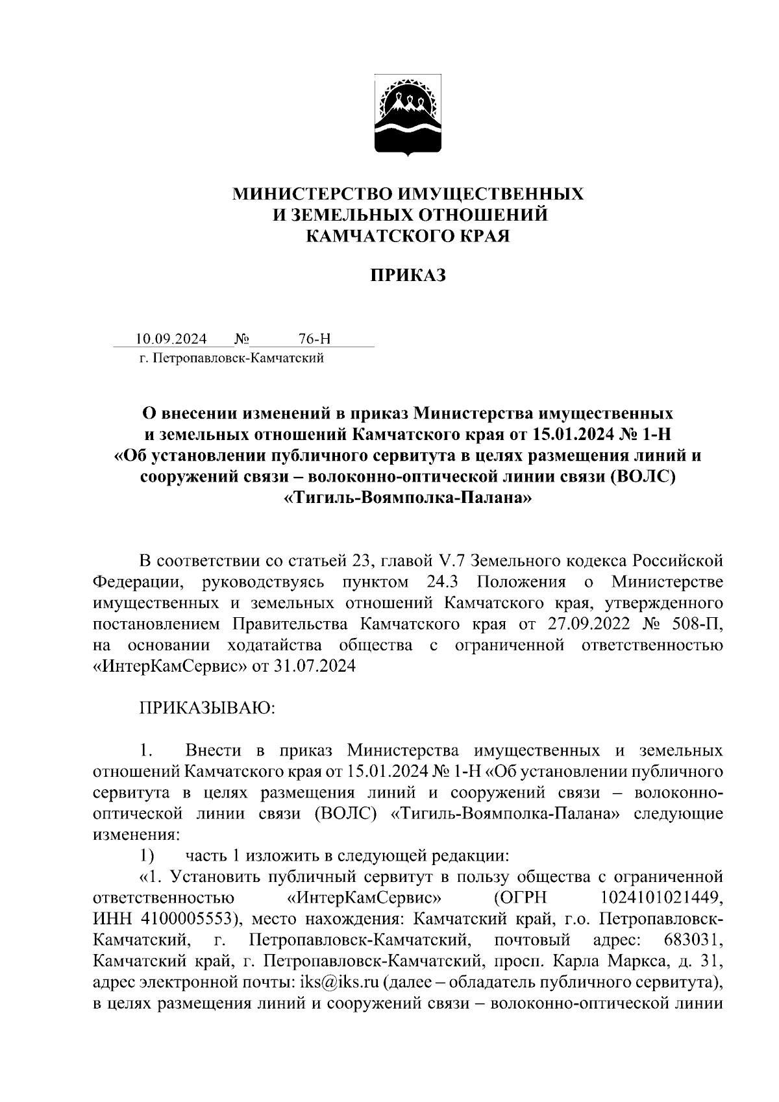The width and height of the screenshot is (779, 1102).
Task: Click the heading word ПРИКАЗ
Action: (x=408, y=276)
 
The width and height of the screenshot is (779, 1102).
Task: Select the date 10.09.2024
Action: (x=171, y=339)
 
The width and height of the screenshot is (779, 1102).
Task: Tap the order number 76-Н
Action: (x=315, y=339)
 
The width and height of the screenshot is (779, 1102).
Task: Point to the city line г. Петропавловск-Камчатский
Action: (x=231, y=358)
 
